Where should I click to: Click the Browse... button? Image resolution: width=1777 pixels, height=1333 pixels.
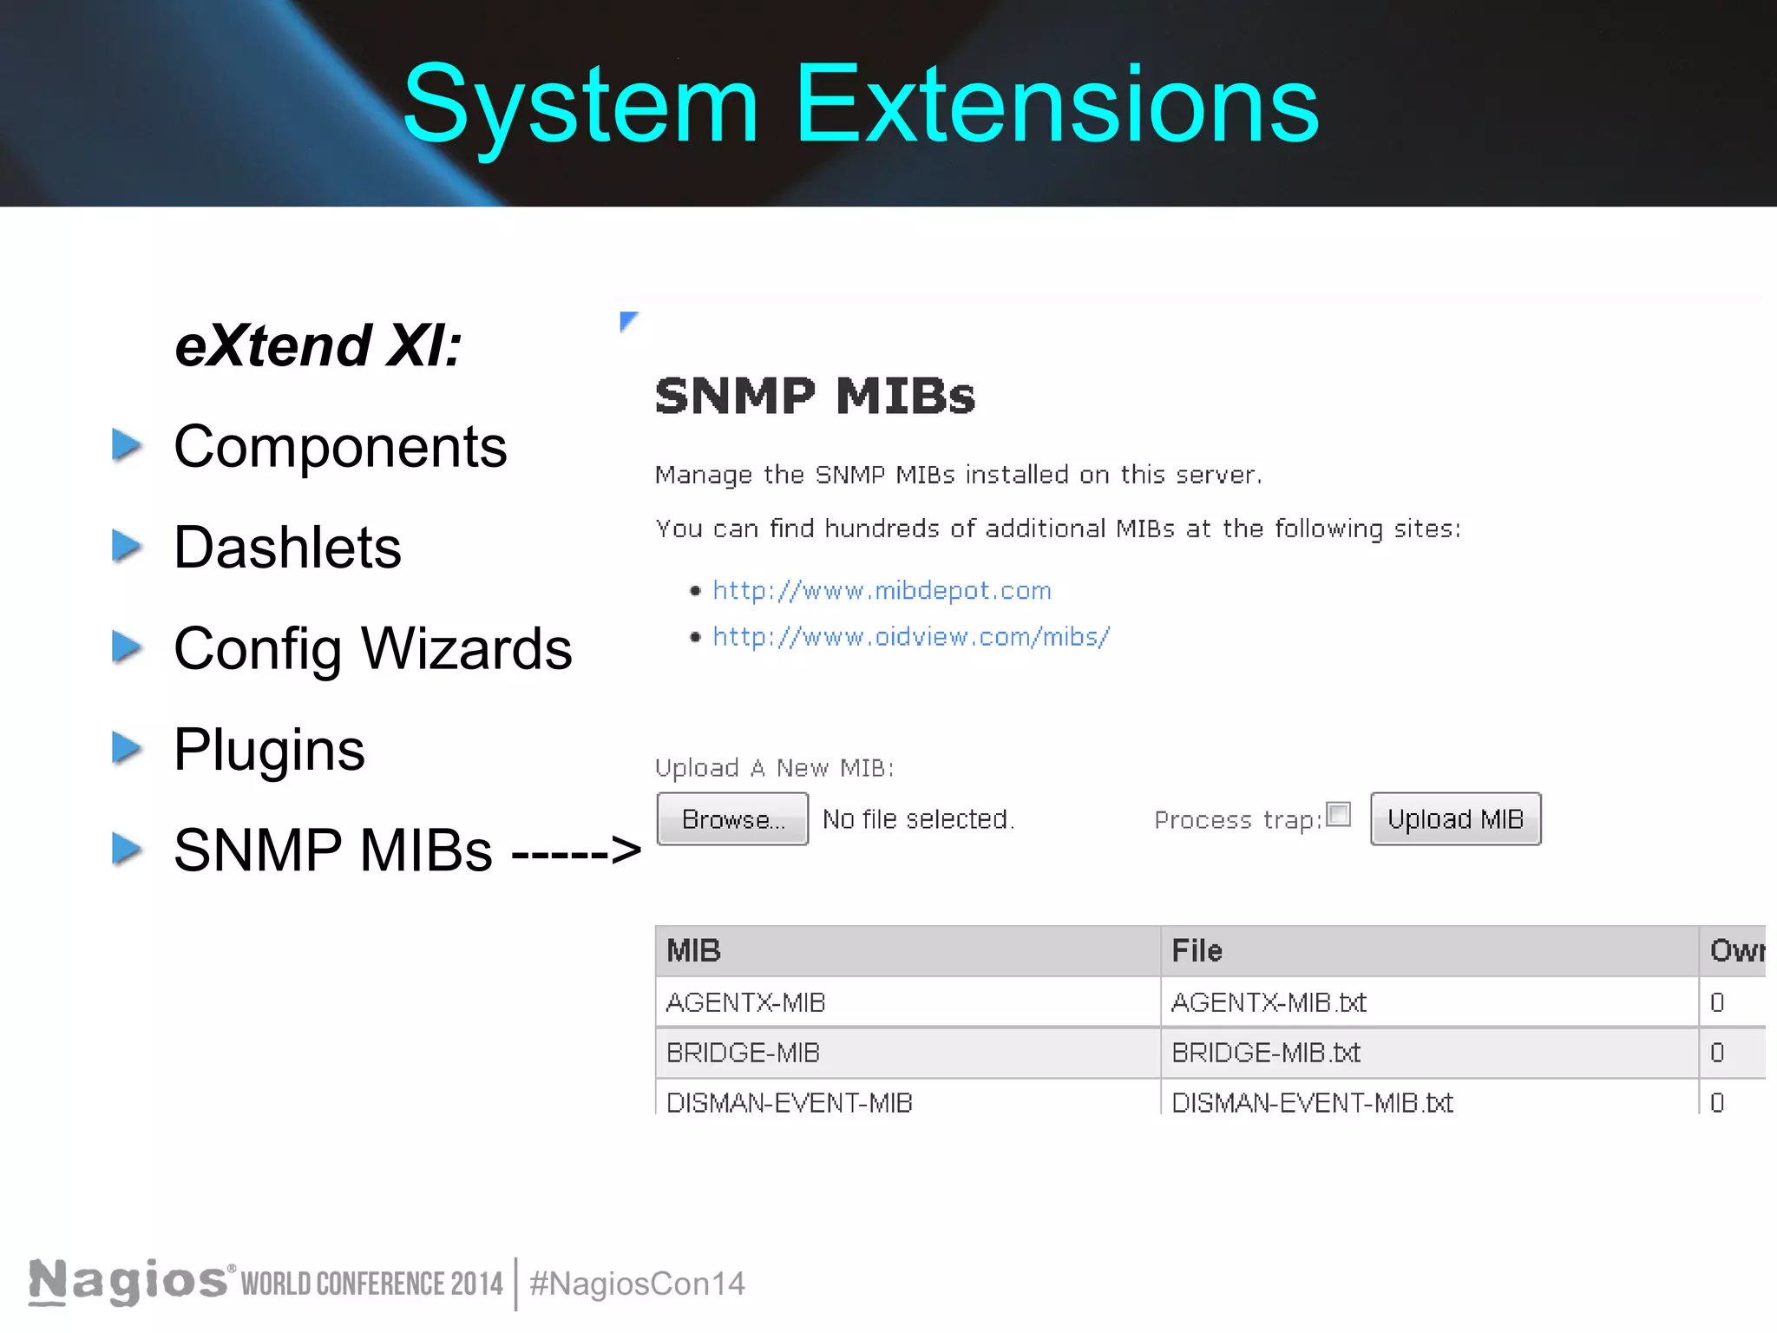(x=732, y=818)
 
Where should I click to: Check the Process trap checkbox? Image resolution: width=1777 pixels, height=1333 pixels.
(x=1339, y=814)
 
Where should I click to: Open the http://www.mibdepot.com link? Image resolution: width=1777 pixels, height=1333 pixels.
(x=882, y=591)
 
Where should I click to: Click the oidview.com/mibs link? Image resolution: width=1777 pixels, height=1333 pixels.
(x=911, y=637)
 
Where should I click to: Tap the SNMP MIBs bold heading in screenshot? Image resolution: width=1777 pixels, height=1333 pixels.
(x=815, y=397)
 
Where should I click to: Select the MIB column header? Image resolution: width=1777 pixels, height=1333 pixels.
(x=693, y=951)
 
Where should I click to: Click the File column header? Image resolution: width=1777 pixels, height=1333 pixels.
(x=1197, y=951)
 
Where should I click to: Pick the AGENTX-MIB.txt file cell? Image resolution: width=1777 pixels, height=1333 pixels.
(x=1269, y=1003)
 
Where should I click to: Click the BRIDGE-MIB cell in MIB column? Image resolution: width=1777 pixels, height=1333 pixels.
(x=743, y=1053)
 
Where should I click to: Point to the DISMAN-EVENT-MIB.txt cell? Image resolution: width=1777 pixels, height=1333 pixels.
(x=1312, y=1102)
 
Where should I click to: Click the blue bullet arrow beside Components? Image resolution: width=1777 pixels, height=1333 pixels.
(x=127, y=445)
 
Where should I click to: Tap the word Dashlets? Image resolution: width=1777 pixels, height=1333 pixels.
(x=287, y=548)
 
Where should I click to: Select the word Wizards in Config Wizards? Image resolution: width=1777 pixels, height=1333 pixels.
(x=466, y=649)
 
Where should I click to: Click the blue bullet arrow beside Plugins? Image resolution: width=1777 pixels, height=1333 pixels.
(x=127, y=748)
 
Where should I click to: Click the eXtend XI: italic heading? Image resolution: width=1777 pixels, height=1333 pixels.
(x=318, y=346)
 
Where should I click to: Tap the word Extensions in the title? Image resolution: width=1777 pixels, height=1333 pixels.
(x=1056, y=105)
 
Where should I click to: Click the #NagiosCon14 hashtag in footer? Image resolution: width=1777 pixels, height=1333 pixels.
(x=637, y=1284)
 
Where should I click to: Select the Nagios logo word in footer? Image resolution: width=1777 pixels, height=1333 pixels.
(x=128, y=1281)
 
